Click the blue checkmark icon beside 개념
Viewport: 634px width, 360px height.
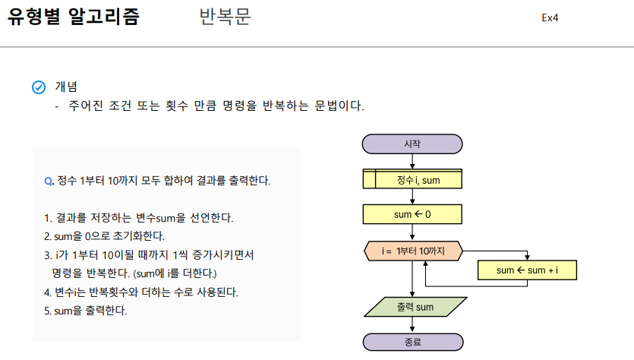click(39, 87)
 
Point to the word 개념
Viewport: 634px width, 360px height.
click(66, 87)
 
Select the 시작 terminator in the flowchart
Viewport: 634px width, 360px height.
click(412, 144)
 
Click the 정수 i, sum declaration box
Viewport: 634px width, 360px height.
click(412, 179)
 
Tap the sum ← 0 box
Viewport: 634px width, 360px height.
click(412, 214)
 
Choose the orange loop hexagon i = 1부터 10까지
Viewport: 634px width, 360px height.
click(412, 250)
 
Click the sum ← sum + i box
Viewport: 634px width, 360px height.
click(527, 270)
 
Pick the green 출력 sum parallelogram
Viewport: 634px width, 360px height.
click(415, 307)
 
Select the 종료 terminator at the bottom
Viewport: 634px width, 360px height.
click(412, 342)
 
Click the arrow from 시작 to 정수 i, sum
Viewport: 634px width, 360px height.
click(412, 161)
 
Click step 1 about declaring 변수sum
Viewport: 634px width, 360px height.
click(139, 218)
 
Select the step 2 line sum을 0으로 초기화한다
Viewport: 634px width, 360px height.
click(104, 236)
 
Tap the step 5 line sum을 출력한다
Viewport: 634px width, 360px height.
click(86, 311)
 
